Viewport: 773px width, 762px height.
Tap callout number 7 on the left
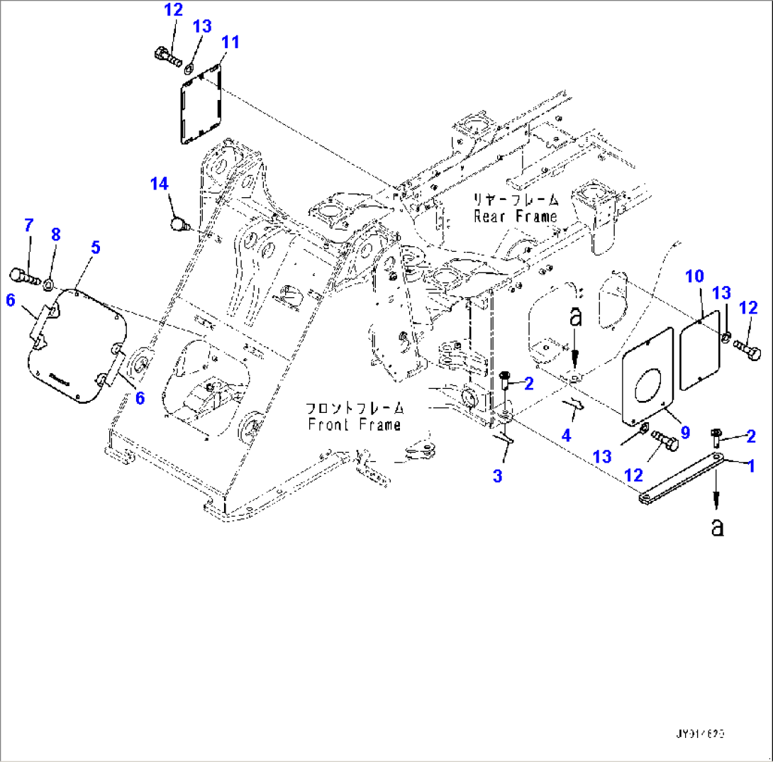point(28,226)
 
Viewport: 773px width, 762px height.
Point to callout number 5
point(95,247)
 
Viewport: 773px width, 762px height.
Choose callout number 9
point(685,432)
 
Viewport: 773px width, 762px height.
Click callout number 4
point(565,434)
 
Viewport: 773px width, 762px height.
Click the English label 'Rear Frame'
point(515,216)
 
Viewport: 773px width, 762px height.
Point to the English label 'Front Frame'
point(354,424)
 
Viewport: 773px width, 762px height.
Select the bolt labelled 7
point(23,274)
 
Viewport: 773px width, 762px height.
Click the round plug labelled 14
point(178,226)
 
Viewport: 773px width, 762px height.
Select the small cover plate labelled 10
point(701,349)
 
